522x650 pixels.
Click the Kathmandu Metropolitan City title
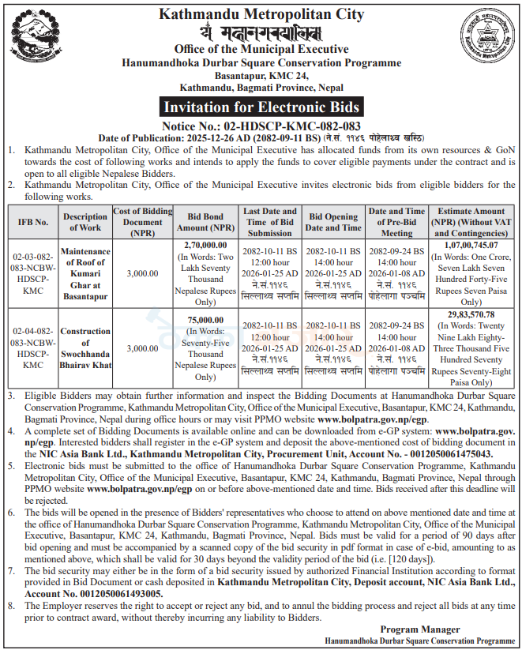(261, 14)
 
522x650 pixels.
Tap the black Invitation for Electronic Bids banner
(261, 107)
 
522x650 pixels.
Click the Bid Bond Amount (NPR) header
(205, 222)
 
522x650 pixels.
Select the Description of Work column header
(86, 222)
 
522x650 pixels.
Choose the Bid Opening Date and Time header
(333, 222)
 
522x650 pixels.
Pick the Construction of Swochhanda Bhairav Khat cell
(86, 348)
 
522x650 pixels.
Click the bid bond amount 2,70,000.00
(205, 246)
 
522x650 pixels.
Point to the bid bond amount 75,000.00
(205, 320)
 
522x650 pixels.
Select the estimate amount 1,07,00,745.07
(471, 246)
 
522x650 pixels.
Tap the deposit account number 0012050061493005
(114, 593)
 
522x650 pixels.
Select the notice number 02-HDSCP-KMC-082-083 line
(261, 126)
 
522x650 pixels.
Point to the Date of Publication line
(261, 137)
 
